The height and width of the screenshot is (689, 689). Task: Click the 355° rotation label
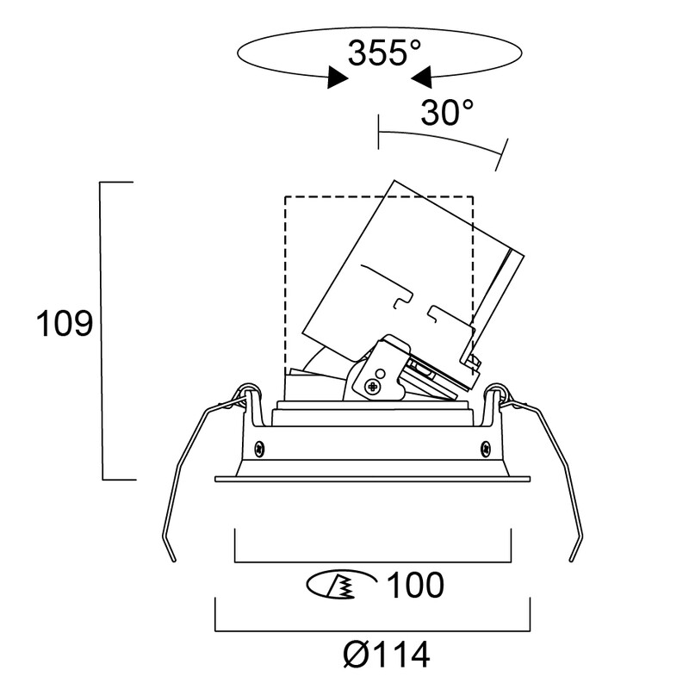384,53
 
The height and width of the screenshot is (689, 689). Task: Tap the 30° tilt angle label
447,113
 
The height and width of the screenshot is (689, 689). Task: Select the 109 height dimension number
65,324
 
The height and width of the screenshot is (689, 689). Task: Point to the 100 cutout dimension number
416,585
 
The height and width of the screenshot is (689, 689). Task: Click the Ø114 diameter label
386,655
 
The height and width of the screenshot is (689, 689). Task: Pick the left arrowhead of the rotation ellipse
338,78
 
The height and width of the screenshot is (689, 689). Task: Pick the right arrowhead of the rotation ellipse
421,78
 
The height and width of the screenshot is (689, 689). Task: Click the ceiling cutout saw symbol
341,586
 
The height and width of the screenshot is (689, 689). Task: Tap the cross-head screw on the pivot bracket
372,387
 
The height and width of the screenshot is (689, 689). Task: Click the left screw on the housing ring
260,449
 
